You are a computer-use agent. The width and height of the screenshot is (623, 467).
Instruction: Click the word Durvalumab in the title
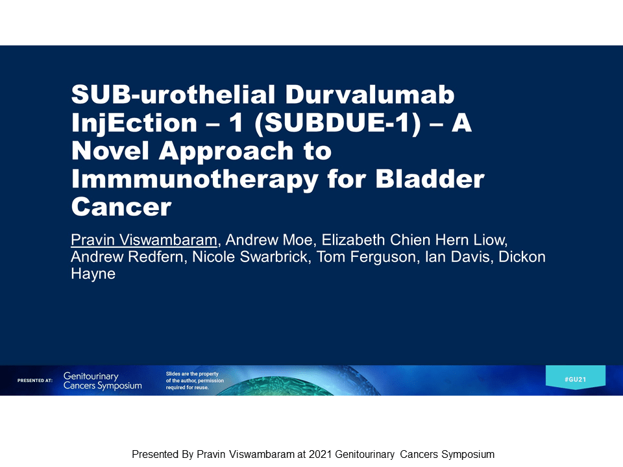[x=369, y=95]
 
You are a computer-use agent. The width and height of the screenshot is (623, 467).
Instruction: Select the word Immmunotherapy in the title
[x=195, y=180]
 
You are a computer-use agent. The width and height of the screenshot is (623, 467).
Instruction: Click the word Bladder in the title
[x=430, y=178]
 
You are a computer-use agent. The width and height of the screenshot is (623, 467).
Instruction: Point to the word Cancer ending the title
[x=121, y=207]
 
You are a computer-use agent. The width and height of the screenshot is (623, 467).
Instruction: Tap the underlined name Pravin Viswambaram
[x=144, y=240]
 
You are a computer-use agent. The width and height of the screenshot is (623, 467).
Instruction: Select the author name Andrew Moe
[x=269, y=240]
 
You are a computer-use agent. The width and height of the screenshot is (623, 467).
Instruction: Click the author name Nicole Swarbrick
[x=250, y=257]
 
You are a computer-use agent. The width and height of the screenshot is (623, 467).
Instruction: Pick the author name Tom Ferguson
[x=366, y=257]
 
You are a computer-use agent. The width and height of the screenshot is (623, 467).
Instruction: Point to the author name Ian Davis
[x=457, y=257]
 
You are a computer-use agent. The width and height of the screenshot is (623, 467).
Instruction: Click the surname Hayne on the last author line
[x=93, y=274]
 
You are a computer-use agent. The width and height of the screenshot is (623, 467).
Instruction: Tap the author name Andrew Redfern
[x=127, y=257]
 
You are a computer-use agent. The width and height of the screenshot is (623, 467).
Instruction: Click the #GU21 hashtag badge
[x=576, y=377]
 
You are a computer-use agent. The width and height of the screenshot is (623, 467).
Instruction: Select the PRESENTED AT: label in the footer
[x=35, y=381]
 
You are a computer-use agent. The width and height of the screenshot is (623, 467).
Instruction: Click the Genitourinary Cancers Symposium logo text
[x=103, y=381]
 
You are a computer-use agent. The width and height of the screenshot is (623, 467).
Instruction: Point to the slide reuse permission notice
[x=195, y=381]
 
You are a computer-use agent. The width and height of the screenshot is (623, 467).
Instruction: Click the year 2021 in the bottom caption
[x=320, y=454]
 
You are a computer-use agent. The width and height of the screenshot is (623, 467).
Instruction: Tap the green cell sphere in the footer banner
[x=294, y=386]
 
